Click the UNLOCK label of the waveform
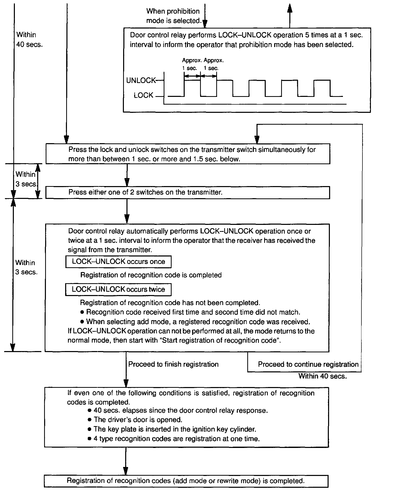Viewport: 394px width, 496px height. pos(141,80)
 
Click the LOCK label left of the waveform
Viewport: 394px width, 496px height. pos(143,95)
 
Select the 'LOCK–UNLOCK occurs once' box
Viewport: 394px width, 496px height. pos(118,262)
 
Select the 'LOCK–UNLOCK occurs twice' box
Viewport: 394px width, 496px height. pos(118,289)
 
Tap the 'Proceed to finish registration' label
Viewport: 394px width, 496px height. pos(173,364)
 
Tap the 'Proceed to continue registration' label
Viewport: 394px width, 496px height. pos(308,364)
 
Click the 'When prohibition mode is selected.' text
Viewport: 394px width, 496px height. pos(173,16)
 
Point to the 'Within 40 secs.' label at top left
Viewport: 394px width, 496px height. pos(29,40)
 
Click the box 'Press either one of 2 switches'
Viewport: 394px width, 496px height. pos(188,192)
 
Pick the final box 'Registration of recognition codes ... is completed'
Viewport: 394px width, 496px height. pos(186,481)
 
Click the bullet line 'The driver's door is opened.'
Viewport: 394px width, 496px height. pos(138,420)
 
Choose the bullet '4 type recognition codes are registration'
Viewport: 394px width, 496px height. pos(176,439)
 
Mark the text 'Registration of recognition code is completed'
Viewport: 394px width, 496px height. pos(151,275)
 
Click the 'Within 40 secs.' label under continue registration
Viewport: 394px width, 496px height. pos(322,376)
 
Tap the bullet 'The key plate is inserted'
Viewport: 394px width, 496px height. pos(175,429)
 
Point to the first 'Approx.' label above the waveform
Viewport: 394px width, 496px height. pos(192,61)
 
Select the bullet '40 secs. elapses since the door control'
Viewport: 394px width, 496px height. pos(181,410)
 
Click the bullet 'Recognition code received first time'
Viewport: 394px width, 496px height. pos(193,312)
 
